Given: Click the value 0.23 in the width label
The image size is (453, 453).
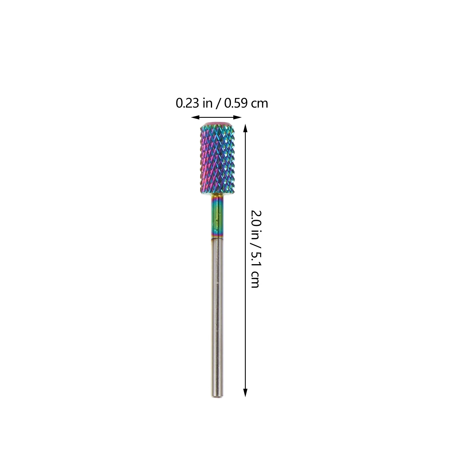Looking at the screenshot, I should pyautogui.click(x=187, y=103).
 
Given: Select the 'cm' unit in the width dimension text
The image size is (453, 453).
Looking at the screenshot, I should pyautogui.click(x=260, y=104).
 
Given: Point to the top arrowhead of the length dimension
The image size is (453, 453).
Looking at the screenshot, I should pyautogui.click(x=245, y=129).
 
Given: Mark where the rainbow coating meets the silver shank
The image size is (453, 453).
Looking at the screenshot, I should pyautogui.click(x=217, y=238).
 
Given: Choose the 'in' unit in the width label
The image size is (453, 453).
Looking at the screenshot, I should pyautogui.click(x=208, y=103).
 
